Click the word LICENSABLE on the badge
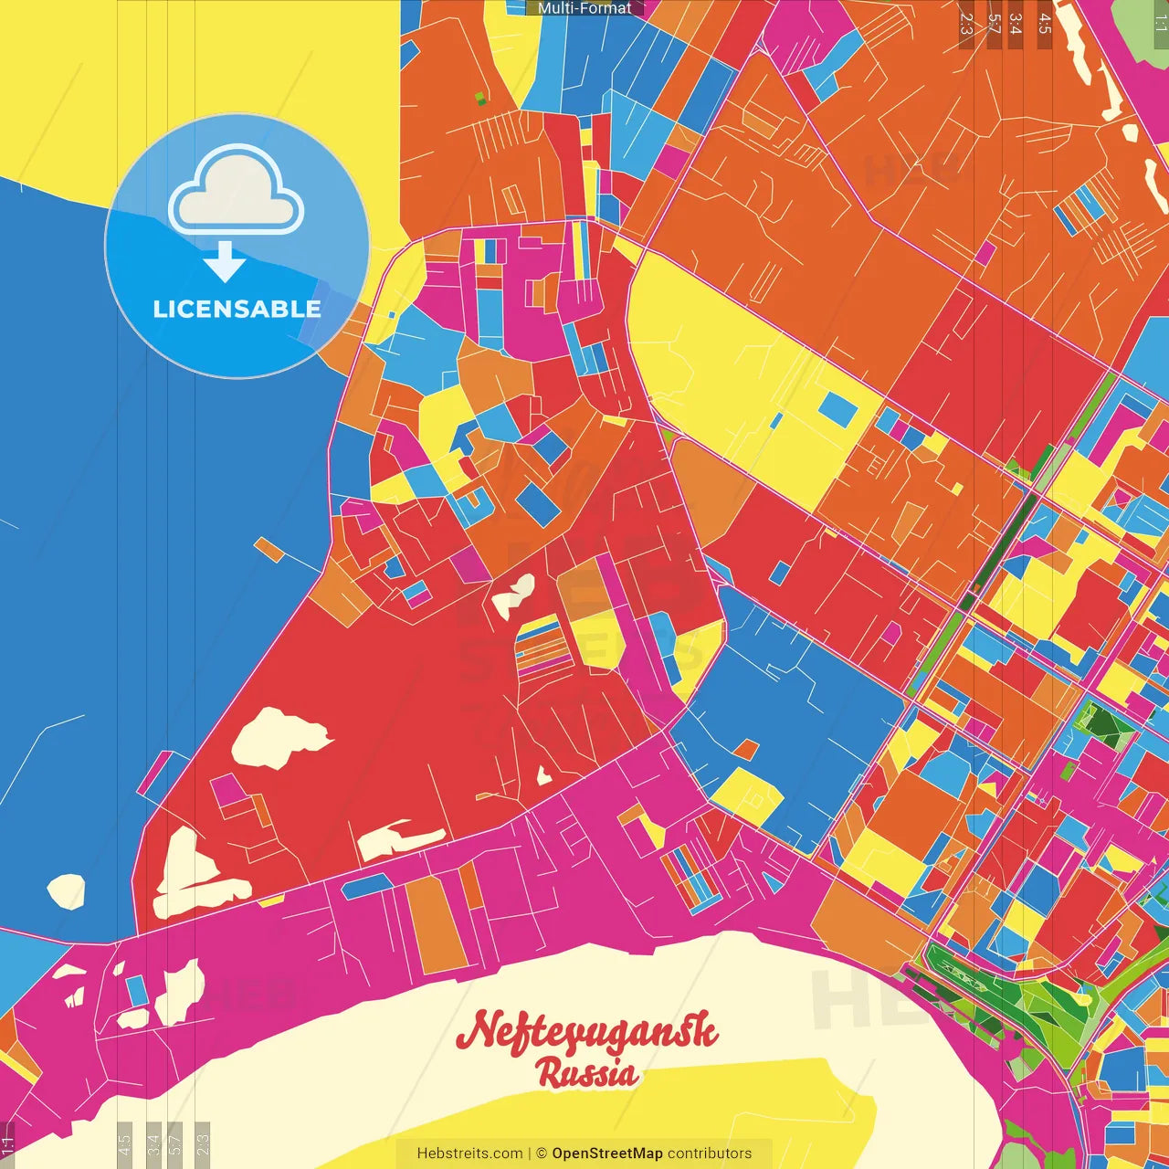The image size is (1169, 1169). coord(237,309)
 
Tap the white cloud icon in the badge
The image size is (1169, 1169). coord(236,191)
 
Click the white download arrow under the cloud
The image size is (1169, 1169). coord(225,263)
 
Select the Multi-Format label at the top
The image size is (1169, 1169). coord(584,8)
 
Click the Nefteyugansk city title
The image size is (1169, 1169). coord(586,1032)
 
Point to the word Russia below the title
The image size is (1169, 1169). coord(587,1073)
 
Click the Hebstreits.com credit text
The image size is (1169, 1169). coord(469,1153)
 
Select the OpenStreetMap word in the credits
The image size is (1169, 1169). coord(607,1153)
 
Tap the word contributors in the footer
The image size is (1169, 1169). coord(710,1153)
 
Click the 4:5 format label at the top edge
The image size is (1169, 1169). coord(1045,24)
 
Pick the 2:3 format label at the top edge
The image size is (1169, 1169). coord(966,24)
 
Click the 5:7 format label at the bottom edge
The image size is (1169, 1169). coord(176,1141)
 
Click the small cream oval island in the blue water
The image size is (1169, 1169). coord(66,890)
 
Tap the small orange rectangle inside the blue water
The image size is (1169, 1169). coord(270,550)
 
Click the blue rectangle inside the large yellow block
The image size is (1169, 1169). coord(837,409)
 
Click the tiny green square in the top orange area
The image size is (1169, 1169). coord(480,98)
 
